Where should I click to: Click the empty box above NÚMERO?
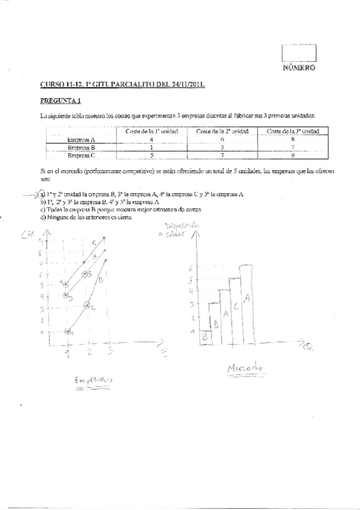point(299,53)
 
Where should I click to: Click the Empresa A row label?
point(82,139)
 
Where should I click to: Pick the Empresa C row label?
point(82,155)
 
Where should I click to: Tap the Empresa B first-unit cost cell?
point(152,147)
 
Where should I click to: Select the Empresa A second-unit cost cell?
point(222,139)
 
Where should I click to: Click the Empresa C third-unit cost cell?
point(291,155)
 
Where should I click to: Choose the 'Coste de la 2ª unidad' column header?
point(222,131)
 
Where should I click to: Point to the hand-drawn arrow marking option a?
point(28,195)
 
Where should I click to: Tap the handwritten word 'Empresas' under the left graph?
point(93,381)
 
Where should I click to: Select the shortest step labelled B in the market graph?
point(205,337)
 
